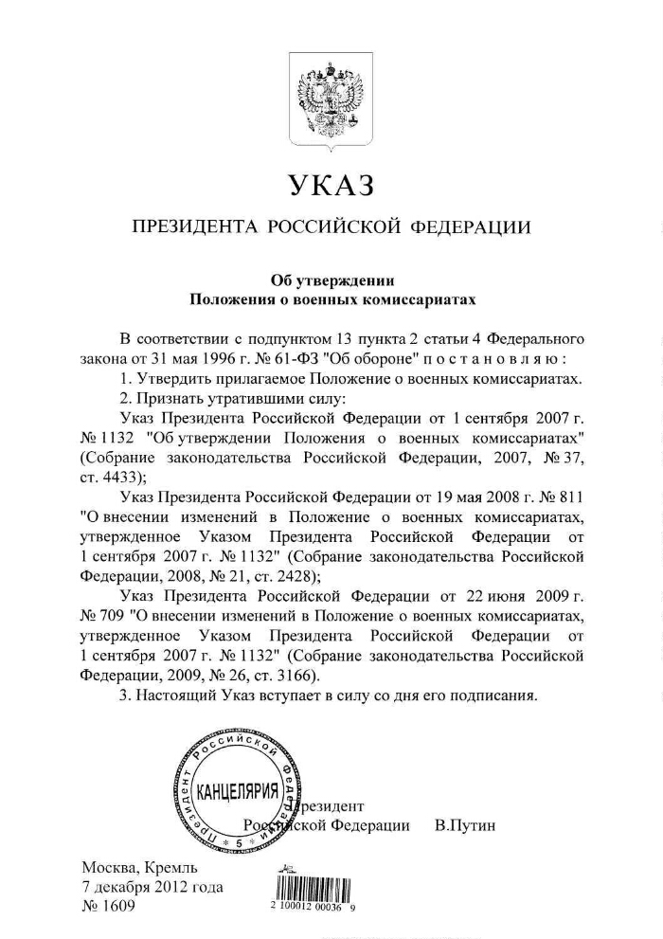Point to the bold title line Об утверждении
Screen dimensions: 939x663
[x=331, y=280]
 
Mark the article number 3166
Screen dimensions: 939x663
[x=294, y=676]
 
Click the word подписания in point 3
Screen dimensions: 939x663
[x=494, y=695]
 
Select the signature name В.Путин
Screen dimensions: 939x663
[x=465, y=825]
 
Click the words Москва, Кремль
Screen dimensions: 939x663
[x=139, y=867]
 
